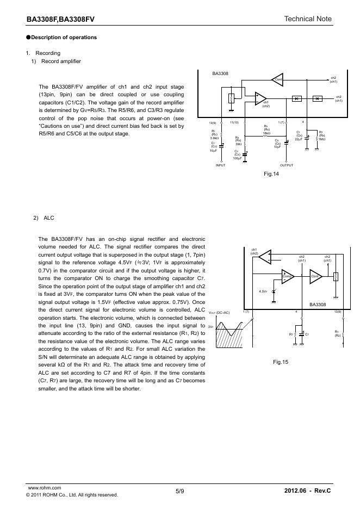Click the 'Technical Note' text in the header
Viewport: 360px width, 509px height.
coord(308,19)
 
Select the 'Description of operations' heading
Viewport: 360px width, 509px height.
coord(64,38)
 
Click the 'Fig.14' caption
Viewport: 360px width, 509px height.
coord(270,174)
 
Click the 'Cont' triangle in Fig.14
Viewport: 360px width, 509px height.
coord(278,79)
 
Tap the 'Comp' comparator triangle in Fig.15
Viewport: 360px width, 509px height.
coord(287,276)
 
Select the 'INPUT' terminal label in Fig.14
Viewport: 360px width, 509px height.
coord(220,165)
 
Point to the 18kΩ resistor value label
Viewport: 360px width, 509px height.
coord(266,133)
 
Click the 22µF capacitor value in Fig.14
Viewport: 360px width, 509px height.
coord(299,139)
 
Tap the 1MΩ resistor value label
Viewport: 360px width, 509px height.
coord(321,139)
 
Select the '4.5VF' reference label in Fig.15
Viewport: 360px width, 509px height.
coord(263,292)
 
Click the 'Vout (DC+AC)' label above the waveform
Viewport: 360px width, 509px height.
coord(219,313)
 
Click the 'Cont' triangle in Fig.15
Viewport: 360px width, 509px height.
coord(315,276)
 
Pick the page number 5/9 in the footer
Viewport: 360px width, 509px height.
coord(180,491)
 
